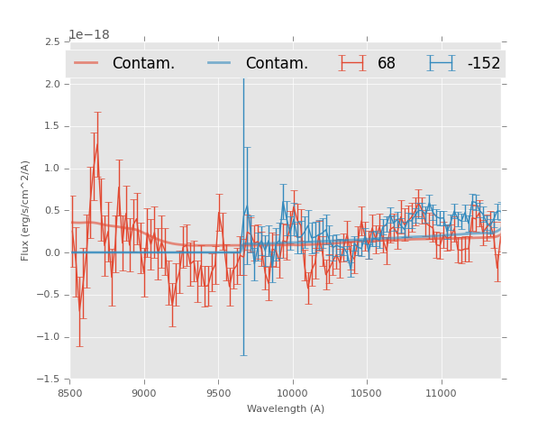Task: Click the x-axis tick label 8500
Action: [70, 392]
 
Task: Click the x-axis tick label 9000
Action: [144, 392]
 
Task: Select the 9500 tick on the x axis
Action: [218, 392]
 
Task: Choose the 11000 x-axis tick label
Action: [441, 392]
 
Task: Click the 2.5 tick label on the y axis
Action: [52, 42]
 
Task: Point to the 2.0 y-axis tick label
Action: [52, 85]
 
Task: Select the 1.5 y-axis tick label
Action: [52, 127]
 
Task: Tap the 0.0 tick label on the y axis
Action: [52, 253]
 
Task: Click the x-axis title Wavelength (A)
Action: [286, 408]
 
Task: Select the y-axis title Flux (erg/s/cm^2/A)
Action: [25, 211]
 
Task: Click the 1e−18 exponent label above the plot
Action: [89, 35]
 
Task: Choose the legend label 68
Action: [387, 63]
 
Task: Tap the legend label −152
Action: [483, 63]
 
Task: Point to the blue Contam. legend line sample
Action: [220, 63]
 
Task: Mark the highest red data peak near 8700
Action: [96, 143]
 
